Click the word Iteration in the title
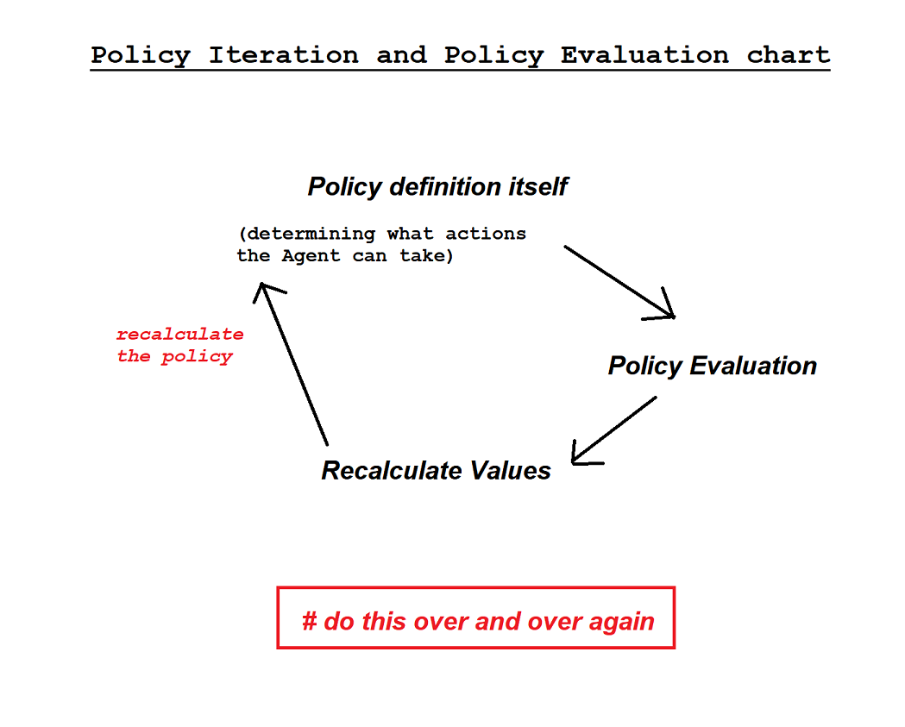tap(283, 55)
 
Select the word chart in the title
tap(788, 55)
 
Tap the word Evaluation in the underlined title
tap(644, 55)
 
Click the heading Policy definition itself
tap(437, 186)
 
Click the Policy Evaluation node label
tap(712, 366)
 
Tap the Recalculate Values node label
tap(436, 471)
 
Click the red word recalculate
tap(179, 334)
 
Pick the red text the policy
tap(174, 356)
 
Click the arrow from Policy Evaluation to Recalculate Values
tap(615, 429)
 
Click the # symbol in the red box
tap(309, 621)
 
